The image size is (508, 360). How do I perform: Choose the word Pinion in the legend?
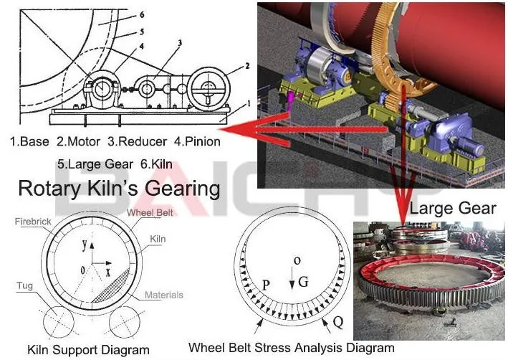pyautogui.click(x=201, y=142)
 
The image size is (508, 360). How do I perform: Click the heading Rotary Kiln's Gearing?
pyautogui.click(x=118, y=189)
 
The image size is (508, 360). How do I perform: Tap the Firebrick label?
pyautogui.click(x=32, y=222)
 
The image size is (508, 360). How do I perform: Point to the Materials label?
pyautogui.click(x=163, y=295)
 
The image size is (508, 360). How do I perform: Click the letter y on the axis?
pyautogui.click(x=84, y=245)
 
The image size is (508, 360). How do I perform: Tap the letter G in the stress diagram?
pyautogui.click(x=303, y=281)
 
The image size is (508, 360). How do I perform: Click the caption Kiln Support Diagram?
pyautogui.click(x=89, y=350)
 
